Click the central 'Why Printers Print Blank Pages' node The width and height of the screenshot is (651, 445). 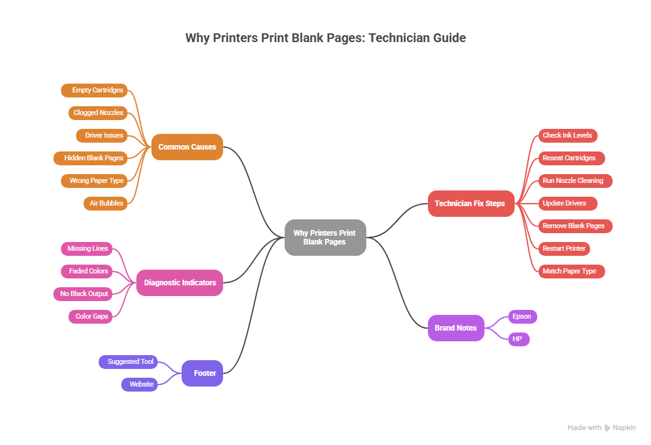tap(324, 238)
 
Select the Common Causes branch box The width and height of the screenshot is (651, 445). tap(187, 147)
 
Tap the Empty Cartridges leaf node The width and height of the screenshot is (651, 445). tap(94, 91)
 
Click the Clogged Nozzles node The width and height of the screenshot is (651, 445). tap(98, 113)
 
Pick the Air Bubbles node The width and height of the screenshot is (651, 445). tap(106, 203)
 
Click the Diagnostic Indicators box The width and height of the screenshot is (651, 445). tap(180, 283)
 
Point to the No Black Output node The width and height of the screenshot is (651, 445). tap(84, 294)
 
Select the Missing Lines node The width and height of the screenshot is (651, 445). tap(87, 248)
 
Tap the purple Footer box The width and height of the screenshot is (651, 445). tap(202, 373)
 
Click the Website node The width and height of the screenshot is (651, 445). tap(139, 384)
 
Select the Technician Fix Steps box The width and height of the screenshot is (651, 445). tap(470, 204)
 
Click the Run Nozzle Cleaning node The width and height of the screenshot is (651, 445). tap(572, 180)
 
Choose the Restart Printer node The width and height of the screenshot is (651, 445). tap(564, 248)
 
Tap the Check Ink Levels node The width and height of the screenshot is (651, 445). tap(567, 135)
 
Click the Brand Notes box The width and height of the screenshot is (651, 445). tap(456, 328)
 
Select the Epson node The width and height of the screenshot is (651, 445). tap(522, 316)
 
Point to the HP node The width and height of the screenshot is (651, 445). tap(518, 339)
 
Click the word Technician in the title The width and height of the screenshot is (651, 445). tap(398, 38)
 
